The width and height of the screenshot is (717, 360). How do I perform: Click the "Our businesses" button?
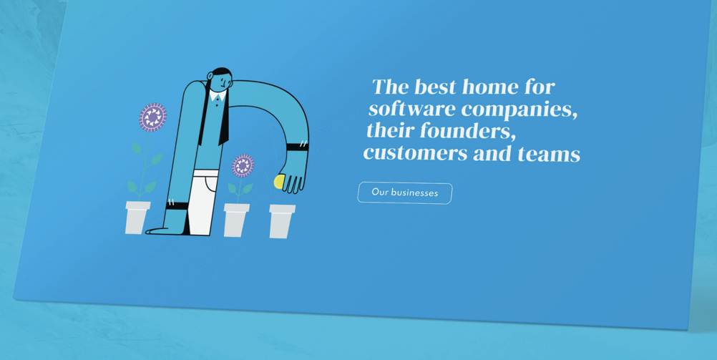click(x=405, y=193)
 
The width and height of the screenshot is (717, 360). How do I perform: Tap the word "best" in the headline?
click(x=433, y=87)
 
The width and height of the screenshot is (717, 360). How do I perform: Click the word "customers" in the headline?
click(x=416, y=152)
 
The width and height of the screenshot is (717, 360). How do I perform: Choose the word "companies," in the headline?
click(x=520, y=111)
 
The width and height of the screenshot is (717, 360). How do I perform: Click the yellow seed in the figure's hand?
click(x=278, y=182)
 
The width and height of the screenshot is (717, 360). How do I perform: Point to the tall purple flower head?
click(x=152, y=117)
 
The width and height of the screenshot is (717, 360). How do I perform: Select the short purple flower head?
click(x=243, y=165)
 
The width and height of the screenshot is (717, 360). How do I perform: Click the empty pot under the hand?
click(x=282, y=221)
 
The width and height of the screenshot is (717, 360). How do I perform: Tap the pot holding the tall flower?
click(x=137, y=218)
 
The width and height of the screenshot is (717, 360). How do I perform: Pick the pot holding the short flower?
click(x=236, y=220)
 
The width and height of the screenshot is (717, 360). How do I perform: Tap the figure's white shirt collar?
click(x=218, y=96)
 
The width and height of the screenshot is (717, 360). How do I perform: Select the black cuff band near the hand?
click(x=297, y=147)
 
